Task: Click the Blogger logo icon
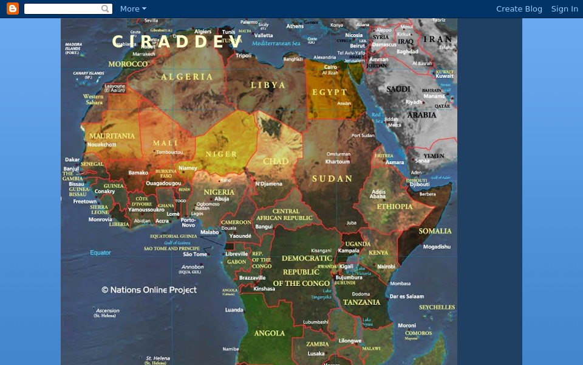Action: pos(13,9)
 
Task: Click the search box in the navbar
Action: pos(67,9)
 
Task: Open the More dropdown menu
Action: pos(133,9)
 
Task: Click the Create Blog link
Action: pos(519,9)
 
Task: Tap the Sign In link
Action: pos(564,9)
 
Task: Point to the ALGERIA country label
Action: pos(187,77)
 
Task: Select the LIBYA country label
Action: pos(268,85)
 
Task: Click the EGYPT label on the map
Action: pos(330,92)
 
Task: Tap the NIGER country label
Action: pos(221,154)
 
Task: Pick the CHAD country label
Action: pos(275,162)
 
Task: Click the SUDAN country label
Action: pos(332,179)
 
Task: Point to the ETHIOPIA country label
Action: pos(395,207)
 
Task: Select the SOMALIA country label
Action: pos(435,231)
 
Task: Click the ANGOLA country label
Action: pos(270,333)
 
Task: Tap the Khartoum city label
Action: pos(337,162)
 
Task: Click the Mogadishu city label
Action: pos(437,246)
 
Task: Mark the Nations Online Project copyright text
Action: pos(149,290)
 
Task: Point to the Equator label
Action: pos(101,252)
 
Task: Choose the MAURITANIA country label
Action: pos(112,136)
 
